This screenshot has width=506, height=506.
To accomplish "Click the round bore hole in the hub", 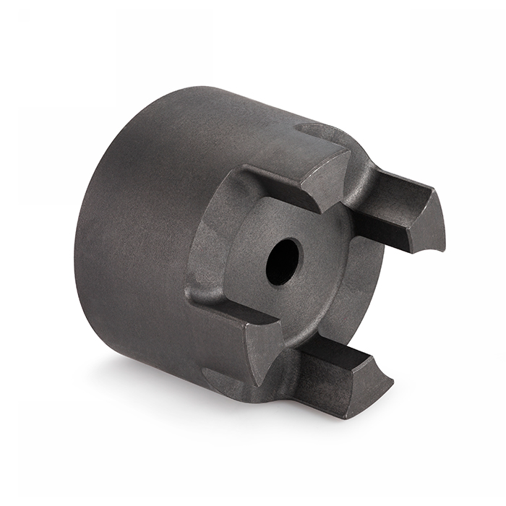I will (283, 262).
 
